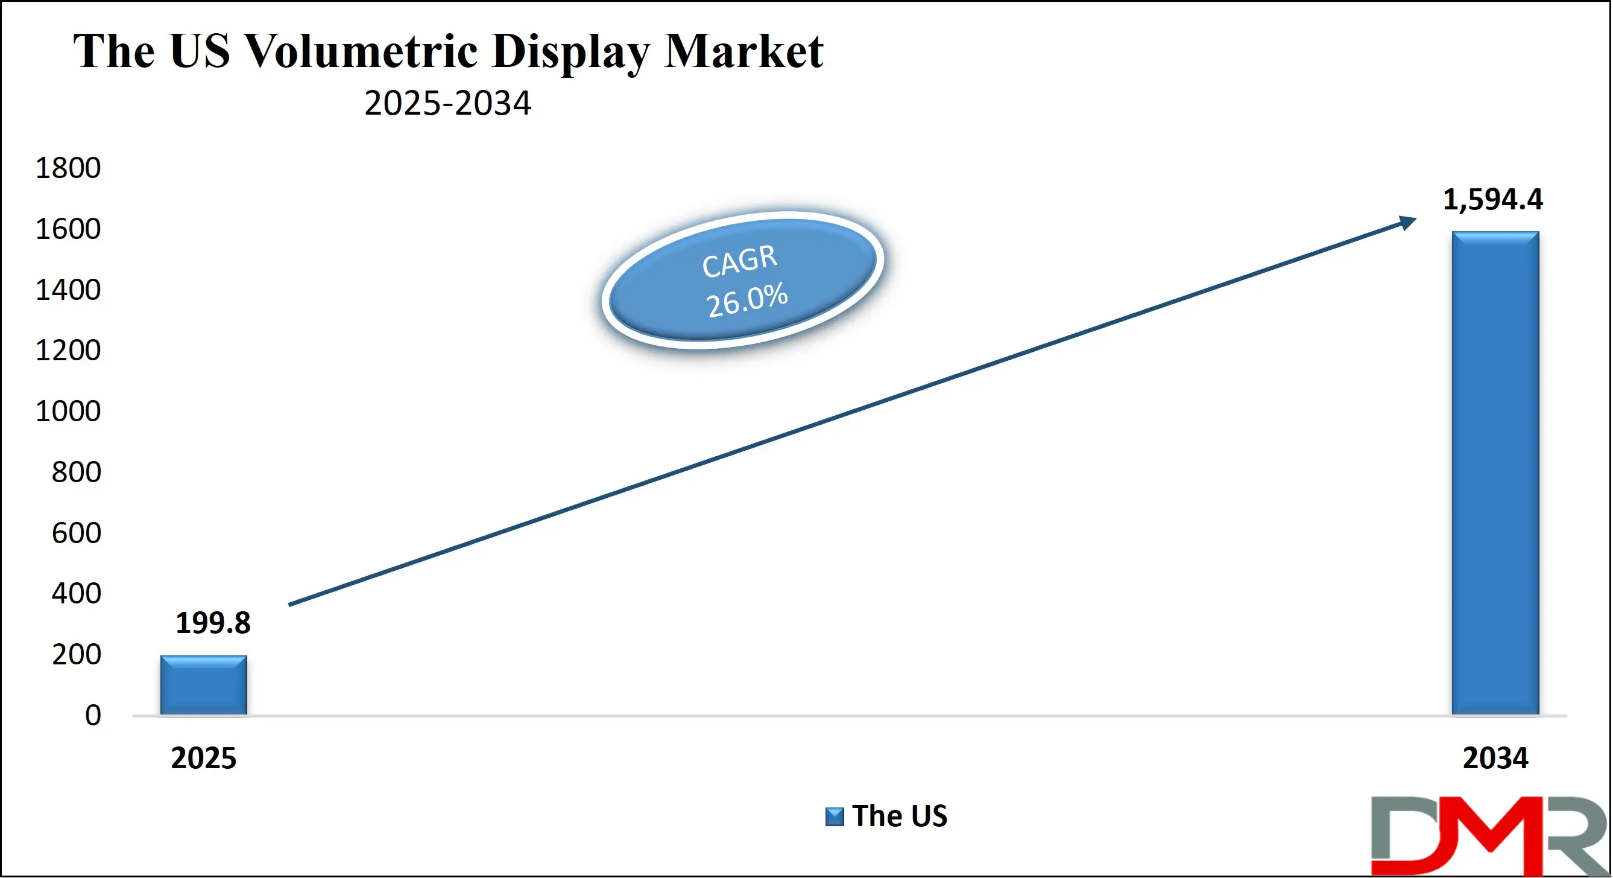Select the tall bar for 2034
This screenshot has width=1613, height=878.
pos(1495,474)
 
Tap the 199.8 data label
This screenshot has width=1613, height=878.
pos(213,623)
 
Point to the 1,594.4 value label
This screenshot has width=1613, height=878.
pos(1493,200)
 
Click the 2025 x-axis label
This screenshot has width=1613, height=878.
pos(203,759)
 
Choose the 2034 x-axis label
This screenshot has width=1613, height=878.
pos(1495,759)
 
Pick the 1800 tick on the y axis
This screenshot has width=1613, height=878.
pos(68,168)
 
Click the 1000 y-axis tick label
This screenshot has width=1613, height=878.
pos(68,412)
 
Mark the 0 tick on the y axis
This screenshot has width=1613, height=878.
pos(93,716)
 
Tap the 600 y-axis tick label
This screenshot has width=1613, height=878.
pos(76,533)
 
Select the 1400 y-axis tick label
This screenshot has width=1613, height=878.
pos(68,290)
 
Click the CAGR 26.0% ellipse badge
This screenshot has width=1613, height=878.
pos(743,280)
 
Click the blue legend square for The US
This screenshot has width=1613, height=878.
pos(834,816)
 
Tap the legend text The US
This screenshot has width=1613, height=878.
pos(899,816)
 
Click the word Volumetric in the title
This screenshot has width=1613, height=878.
pos(361,51)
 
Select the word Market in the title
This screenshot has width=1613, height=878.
pos(744,51)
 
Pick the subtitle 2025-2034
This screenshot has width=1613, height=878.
pos(447,103)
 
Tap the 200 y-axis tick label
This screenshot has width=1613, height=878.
pos(76,655)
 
